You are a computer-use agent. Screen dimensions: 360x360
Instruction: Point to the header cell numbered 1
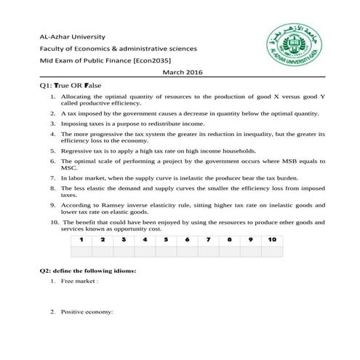click(x=82, y=239)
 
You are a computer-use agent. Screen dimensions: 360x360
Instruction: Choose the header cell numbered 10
click(x=271, y=239)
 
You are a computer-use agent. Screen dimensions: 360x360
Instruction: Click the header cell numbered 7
click(x=209, y=239)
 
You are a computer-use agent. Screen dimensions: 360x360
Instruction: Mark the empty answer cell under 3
click(x=124, y=251)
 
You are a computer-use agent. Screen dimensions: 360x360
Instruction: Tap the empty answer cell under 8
click(x=230, y=251)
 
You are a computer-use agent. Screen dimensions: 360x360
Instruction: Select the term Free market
click(x=79, y=281)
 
